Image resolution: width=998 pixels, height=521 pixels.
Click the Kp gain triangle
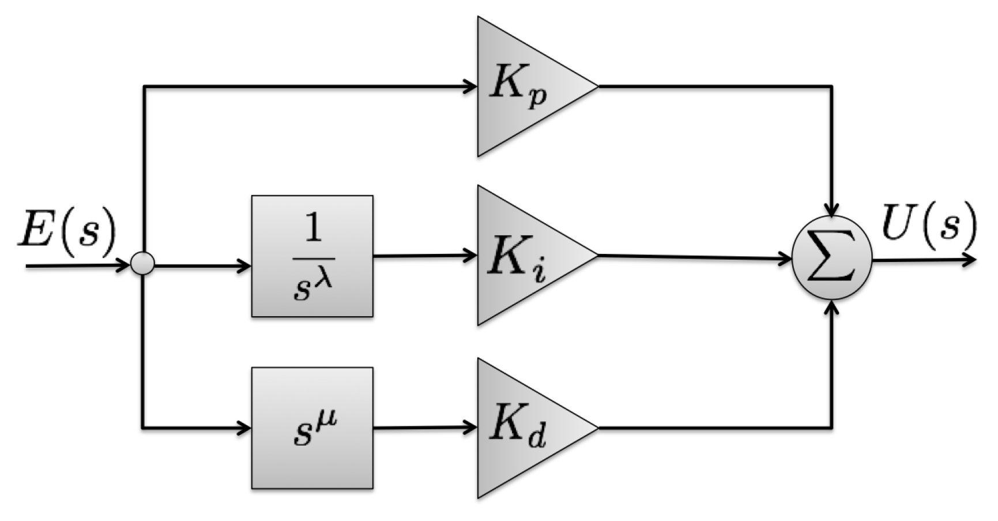click(x=525, y=87)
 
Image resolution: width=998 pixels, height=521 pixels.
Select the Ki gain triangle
click(x=525, y=255)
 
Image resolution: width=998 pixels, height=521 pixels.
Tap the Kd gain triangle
click(x=525, y=428)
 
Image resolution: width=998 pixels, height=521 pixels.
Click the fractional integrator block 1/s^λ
click(x=312, y=256)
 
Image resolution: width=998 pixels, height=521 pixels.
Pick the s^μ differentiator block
click(x=312, y=428)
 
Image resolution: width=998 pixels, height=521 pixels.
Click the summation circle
click(x=832, y=258)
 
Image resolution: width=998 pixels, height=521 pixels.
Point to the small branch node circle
click(x=142, y=265)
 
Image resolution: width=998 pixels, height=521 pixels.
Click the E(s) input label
click(x=67, y=228)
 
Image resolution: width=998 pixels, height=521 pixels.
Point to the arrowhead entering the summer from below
click(x=832, y=306)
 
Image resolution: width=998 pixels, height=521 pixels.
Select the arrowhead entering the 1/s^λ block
click(x=244, y=266)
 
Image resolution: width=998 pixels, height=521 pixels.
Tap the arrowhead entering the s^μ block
click(x=244, y=428)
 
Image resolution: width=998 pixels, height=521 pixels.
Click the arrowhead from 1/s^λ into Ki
click(x=471, y=255)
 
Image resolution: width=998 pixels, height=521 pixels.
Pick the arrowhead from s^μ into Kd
click(x=471, y=428)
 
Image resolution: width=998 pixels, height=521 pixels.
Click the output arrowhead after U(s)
click(x=970, y=260)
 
